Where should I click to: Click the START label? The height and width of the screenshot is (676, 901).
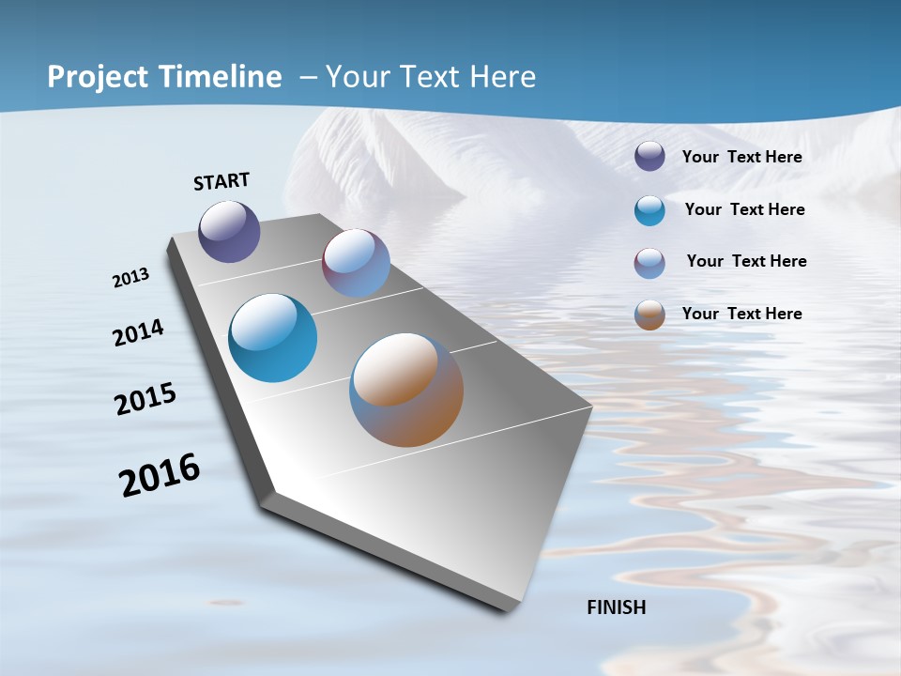tap(221, 181)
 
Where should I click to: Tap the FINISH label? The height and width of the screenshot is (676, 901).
tap(616, 607)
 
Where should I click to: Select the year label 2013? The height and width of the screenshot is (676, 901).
tap(131, 278)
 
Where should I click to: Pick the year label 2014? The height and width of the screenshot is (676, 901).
tap(138, 332)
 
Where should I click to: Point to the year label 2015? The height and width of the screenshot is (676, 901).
tap(145, 399)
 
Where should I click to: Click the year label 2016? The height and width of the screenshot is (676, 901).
tap(160, 475)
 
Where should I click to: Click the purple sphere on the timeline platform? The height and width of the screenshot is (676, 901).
tap(229, 231)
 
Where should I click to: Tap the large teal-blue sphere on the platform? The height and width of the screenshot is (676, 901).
tap(272, 338)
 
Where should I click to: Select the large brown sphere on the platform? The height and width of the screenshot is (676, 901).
tap(406, 390)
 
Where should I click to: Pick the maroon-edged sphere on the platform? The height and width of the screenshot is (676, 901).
tap(356, 263)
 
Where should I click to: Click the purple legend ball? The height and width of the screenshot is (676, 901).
tap(649, 157)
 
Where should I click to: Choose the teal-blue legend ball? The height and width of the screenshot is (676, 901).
tap(649, 210)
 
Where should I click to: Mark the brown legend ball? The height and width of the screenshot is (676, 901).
tap(649, 315)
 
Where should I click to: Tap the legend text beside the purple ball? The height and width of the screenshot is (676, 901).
tap(741, 158)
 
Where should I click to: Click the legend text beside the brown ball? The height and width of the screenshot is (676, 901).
tap(741, 314)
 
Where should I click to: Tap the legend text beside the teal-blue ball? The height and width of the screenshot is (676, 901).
tap(744, 209)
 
